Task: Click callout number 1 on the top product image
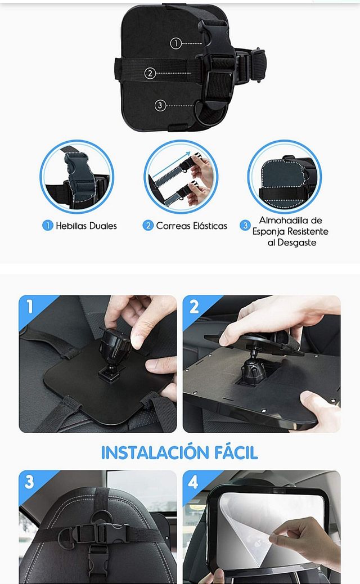coord(176,43)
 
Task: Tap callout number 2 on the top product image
coord(150,73)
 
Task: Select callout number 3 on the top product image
coord(160,105)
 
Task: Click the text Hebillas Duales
coord(86,226)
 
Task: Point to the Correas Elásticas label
coord(191,226)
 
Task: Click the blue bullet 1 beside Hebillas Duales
coord(48,226)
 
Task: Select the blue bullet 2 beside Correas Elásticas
coord(148,226)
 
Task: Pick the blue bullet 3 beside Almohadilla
coord(245,226)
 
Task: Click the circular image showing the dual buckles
coord(76,177)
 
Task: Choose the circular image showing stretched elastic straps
coord(181,177)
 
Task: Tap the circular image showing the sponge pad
coord(285,177)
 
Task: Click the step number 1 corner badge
coord(29,307)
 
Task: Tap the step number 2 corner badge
coord(194,307)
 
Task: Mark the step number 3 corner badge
coord(29,482)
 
